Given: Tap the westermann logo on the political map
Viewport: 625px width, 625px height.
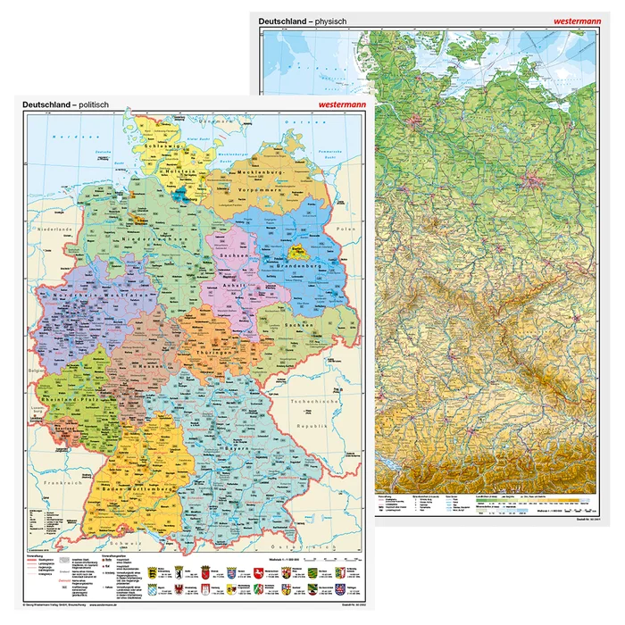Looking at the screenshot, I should coord(337,104).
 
